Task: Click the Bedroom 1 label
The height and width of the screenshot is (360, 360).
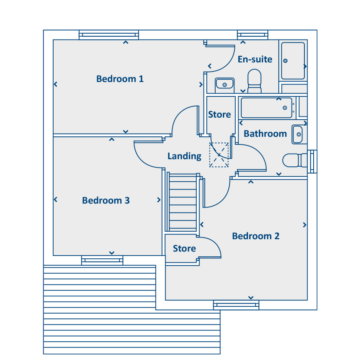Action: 120,79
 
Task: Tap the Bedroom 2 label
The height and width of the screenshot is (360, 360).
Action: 256,236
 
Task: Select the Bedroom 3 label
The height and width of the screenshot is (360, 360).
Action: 106,200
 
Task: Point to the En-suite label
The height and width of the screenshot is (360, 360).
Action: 255,59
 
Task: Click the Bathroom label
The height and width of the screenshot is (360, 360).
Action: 265,134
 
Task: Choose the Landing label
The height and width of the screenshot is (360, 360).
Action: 184,156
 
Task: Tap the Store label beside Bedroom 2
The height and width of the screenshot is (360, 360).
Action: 184,248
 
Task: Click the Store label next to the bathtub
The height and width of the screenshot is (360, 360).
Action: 220,114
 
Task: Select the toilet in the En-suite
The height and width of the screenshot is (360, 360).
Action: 254,81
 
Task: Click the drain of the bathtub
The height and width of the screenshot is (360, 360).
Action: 285,108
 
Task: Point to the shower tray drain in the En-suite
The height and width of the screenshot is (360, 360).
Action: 285,61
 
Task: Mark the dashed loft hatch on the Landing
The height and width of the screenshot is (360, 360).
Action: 219,155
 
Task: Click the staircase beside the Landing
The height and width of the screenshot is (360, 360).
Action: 183,202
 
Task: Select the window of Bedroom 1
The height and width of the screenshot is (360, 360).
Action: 109,35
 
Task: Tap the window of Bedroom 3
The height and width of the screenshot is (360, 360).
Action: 102,260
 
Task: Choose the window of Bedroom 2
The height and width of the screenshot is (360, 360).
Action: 236,305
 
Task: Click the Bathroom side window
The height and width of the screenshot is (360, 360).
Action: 312,162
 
